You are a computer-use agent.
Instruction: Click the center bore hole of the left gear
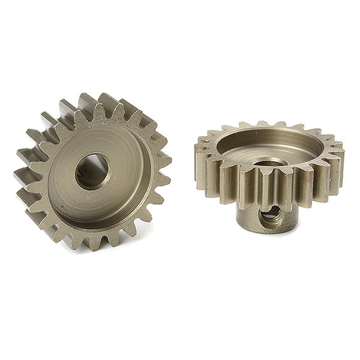pos(92,170)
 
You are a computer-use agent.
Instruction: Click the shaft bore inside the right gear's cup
pos(269,162)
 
